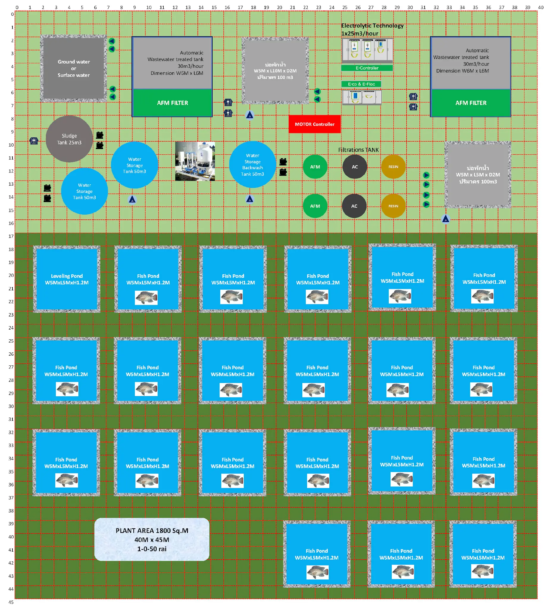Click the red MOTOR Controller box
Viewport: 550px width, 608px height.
[x=314, y=124]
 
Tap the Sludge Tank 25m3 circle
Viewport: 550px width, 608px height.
[x=69, y=139]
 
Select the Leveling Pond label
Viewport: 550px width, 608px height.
[x=67, y=279]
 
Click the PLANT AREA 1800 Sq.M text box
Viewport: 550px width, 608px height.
[x=152, y=539]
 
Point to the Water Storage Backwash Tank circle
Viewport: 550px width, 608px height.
[x=252, y=165]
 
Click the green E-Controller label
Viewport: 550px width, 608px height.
[x=366, y=68]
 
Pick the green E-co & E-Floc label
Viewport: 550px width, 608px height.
[x=361, y=84]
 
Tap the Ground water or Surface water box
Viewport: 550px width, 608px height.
[x=74, y=69]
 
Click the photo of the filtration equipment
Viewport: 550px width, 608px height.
[x=195, y=161]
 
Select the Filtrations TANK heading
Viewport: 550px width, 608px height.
[x=358, y=150]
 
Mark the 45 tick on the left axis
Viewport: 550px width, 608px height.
[x=11, y=602]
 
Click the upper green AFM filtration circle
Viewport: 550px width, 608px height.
[x=315, y=167]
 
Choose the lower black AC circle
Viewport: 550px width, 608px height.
[x=354, y=206]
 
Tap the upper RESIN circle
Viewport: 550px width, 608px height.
[x=393, y=167]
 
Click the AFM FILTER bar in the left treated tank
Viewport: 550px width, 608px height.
[x=172, y=103]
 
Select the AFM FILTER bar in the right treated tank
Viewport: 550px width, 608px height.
[x=471, y=103]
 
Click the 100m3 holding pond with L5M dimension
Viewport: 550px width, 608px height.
[x=478, y=175]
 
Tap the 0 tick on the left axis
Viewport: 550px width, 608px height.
[x=12, y=14]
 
